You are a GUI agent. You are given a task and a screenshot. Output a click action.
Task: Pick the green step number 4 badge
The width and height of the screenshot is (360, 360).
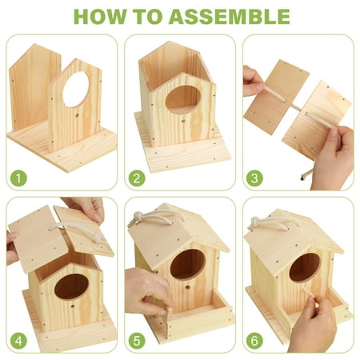pos(18,339)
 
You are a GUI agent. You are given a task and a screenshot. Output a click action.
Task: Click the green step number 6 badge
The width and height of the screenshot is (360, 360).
pos(254,339)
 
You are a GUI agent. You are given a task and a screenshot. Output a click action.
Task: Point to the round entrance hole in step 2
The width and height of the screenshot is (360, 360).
pos(183,99)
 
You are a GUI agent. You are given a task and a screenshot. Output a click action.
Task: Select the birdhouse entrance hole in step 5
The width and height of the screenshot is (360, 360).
pos(189,265)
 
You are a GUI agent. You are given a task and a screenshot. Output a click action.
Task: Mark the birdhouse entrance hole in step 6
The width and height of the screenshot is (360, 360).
pos(303,267)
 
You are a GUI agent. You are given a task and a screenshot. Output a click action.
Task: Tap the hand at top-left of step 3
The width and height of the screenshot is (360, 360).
pos(252,80)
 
